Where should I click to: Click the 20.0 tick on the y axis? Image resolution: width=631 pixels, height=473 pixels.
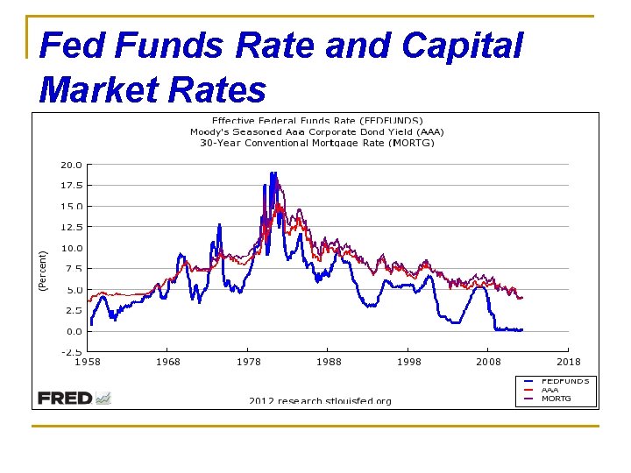pyautogui.click(x=71, y=165)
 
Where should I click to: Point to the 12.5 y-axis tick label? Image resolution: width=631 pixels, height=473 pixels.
pyautogui.click(x=71, y=227)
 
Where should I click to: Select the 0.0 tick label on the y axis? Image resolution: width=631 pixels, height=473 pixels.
pyautogui.click(x=74, y=332)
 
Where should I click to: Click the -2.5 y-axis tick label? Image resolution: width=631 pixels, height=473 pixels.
pyautogui.click(x=71, y=353)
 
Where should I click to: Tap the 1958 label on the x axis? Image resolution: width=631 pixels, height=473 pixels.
pyautogui.click(x=87, y=363)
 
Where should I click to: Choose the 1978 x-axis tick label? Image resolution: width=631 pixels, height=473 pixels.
pyautogui.click(x=248, y=363)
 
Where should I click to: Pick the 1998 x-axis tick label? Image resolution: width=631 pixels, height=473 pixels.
pyautogui.click(x=408, y=363)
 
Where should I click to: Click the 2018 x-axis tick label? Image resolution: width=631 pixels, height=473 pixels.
pyautogui.click(x=569, y=363)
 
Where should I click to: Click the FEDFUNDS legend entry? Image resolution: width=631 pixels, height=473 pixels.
pyautogui.click(x=564, y=381)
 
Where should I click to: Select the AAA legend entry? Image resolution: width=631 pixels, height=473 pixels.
pyautogui.click(x=549, y=390)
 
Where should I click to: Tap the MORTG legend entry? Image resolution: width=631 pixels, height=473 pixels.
pyautogui.click(x=556, y=399)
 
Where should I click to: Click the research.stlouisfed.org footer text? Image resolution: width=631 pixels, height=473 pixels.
pyautogui.click(x=320, y=401)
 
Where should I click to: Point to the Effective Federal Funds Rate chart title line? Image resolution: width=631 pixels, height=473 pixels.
pyautogui.click(x=317, y=121)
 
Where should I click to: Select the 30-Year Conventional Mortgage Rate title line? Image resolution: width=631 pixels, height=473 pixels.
pyautogui.click(x=316, y=142)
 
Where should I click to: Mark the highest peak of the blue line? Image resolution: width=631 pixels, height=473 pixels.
pyautogui.click(x=273, y=173)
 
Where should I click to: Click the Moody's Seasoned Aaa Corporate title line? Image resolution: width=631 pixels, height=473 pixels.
pyautogui.click(x=316, y=131)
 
